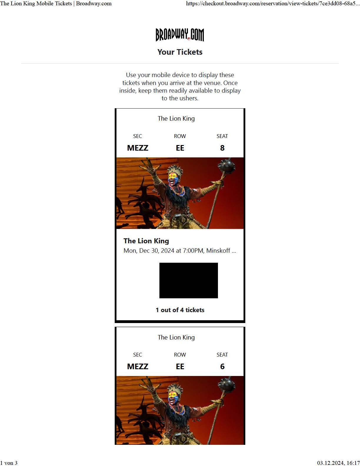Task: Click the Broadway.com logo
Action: pos(180,35)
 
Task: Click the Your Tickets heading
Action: pos(180,52)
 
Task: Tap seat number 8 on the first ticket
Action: pos(222,148)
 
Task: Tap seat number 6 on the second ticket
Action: pos(222,367)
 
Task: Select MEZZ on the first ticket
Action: pos(138,148)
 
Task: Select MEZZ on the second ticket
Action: pos(138,367)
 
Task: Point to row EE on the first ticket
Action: pos(180,148)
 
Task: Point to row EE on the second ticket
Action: pos(180,367)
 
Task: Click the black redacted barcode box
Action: pos(189,280)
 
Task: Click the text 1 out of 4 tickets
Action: pos(180,310)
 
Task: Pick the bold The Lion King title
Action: pos(146,241)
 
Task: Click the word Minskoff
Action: pos(218,251)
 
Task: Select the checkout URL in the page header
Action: pos(272,4)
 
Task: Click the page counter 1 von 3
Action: pos(9,463)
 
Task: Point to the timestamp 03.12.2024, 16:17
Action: pos(338,463)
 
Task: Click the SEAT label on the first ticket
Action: pos(222,136)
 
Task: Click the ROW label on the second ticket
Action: pos(180,355)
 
